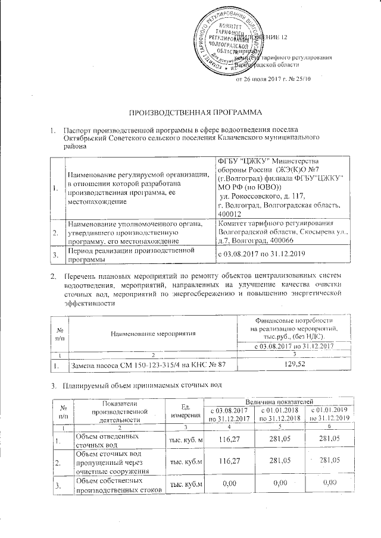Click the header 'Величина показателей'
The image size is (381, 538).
click(280, 404)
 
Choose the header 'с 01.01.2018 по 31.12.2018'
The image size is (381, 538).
click(280, 415)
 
